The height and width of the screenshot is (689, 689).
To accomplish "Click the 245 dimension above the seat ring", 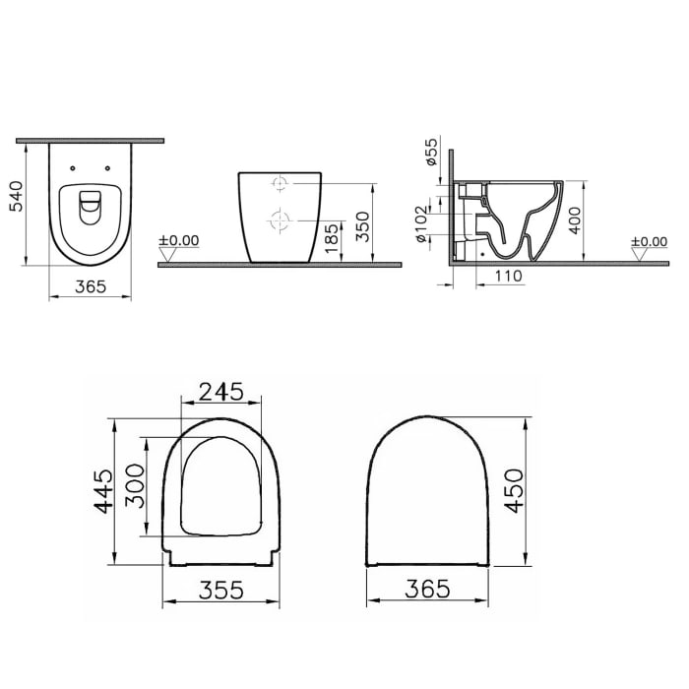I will [221, 391].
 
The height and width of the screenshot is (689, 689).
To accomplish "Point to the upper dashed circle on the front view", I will [280, 184].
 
